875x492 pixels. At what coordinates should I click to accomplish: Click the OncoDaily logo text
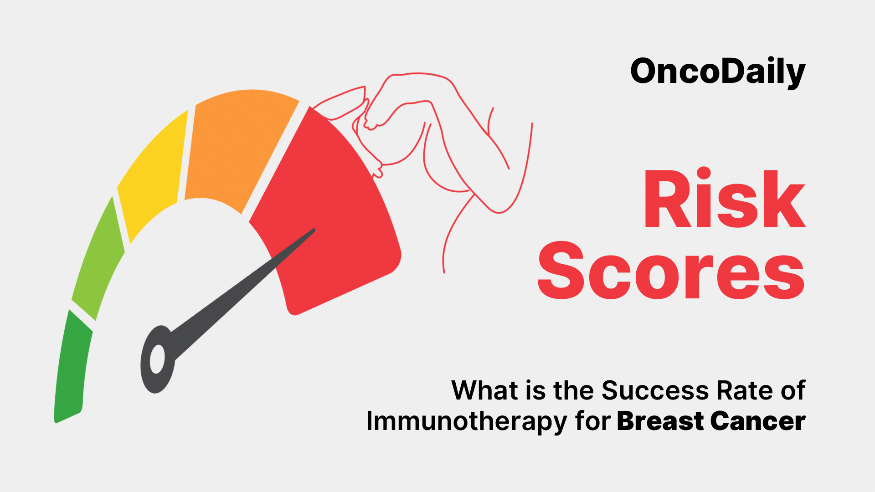718,72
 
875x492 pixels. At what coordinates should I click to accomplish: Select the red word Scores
671,271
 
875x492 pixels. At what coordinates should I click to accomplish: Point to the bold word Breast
660,421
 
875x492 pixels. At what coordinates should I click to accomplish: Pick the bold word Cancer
757,421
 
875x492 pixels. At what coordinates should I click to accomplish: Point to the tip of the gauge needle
314,230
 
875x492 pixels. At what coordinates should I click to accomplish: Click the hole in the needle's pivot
157,359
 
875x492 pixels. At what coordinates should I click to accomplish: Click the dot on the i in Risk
704,174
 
